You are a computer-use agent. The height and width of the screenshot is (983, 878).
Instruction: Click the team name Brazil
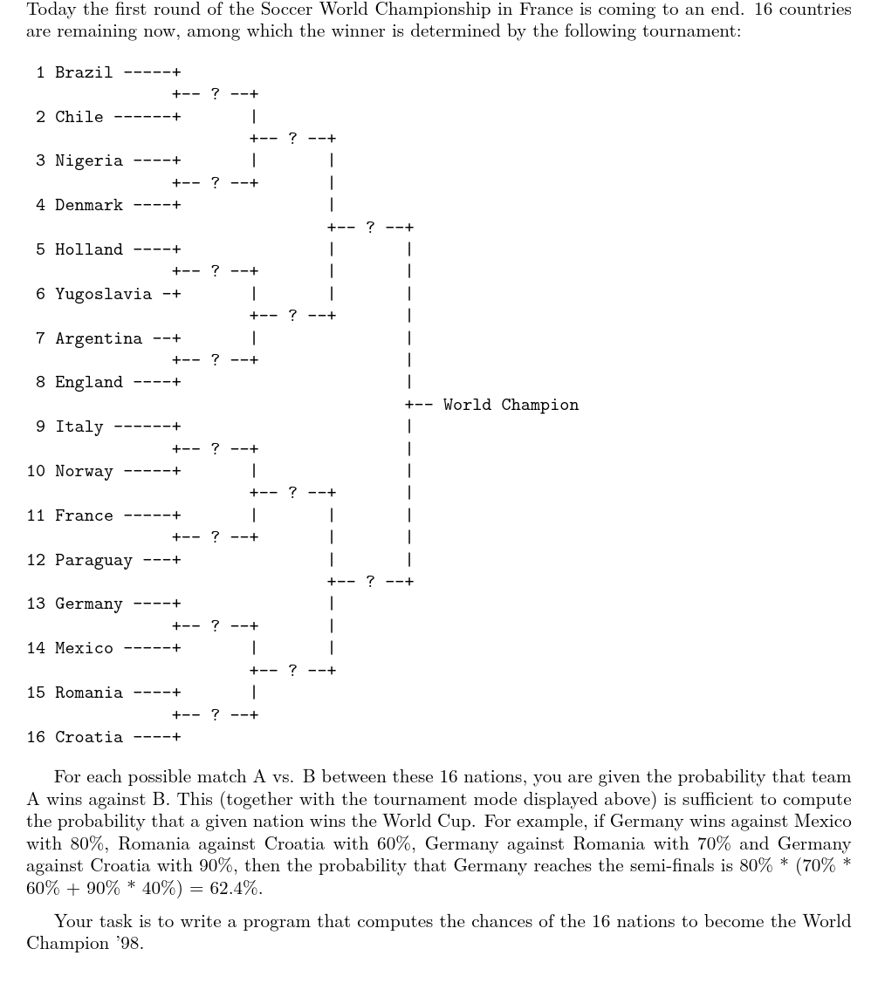click(x=84, y=72)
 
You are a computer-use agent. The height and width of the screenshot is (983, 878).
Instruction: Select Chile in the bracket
click(x=79, y=117)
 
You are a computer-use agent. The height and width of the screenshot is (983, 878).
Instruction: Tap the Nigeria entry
click(x=89, y=160)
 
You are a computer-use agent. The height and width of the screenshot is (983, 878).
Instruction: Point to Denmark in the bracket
click(x=89, y=205)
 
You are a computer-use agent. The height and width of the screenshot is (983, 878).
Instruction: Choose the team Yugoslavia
click(x=103, y=294)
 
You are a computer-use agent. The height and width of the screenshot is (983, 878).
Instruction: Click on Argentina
click(x=99, y=338)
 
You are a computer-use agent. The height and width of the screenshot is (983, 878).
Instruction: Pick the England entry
click(x=89, y=382)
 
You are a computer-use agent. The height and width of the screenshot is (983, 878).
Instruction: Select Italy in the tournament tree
click(x=79, y=427)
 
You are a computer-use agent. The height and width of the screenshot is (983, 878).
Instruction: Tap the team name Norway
click(x=84, y=471)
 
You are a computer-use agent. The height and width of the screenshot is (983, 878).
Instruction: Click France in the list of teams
click(x=84, y=515)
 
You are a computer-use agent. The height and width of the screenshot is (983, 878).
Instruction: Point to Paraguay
click(x=93, y=560)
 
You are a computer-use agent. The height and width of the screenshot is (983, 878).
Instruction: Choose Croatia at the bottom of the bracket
click(x=89, y=737)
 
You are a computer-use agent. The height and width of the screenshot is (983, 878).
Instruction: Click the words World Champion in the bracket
click(x=511, y=405)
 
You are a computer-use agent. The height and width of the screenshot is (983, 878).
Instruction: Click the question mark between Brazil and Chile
click(x=215, y=94)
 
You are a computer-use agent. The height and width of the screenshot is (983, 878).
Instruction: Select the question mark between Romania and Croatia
click(x=215, y=714)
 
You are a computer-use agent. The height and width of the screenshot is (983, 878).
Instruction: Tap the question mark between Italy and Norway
click(x=215, y=448)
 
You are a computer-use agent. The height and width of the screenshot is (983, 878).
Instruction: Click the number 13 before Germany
click(x=36, y=604)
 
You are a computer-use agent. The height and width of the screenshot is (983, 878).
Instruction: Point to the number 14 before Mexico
click(x=36, y=648)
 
